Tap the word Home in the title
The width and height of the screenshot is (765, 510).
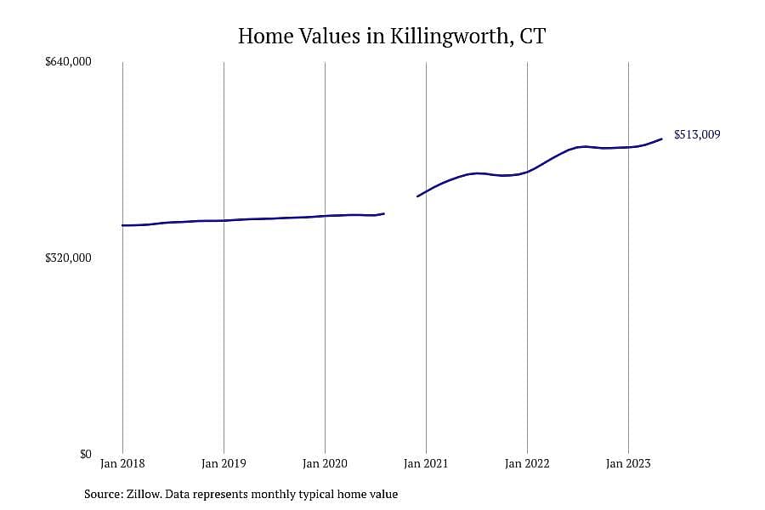click(265, 36)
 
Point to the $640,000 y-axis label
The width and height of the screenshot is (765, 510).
click(68, 61)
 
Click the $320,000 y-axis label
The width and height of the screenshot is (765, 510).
click(68, 258)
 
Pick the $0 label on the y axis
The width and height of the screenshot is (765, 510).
click(85, 454)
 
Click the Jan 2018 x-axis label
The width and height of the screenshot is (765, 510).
click(122, 463)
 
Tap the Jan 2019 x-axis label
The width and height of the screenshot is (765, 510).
click(224, 463)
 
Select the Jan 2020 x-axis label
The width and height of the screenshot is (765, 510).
click(325, 463)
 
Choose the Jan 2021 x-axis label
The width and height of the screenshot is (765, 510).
click(426, 463)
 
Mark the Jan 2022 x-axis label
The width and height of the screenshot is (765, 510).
click(527, 463)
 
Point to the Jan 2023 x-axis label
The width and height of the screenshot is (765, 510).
click(628, 463)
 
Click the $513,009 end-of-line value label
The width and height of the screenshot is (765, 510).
click(697, 134)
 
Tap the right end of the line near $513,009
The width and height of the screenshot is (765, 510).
click(661, 139)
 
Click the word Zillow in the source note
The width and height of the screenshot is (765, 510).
click(144, 494)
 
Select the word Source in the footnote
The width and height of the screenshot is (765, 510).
click(104, 494)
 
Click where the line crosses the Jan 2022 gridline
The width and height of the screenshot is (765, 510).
click(527, 172)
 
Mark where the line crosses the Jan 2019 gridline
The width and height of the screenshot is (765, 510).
click(224, 221)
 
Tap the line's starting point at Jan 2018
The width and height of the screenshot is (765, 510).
click(122, 225)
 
